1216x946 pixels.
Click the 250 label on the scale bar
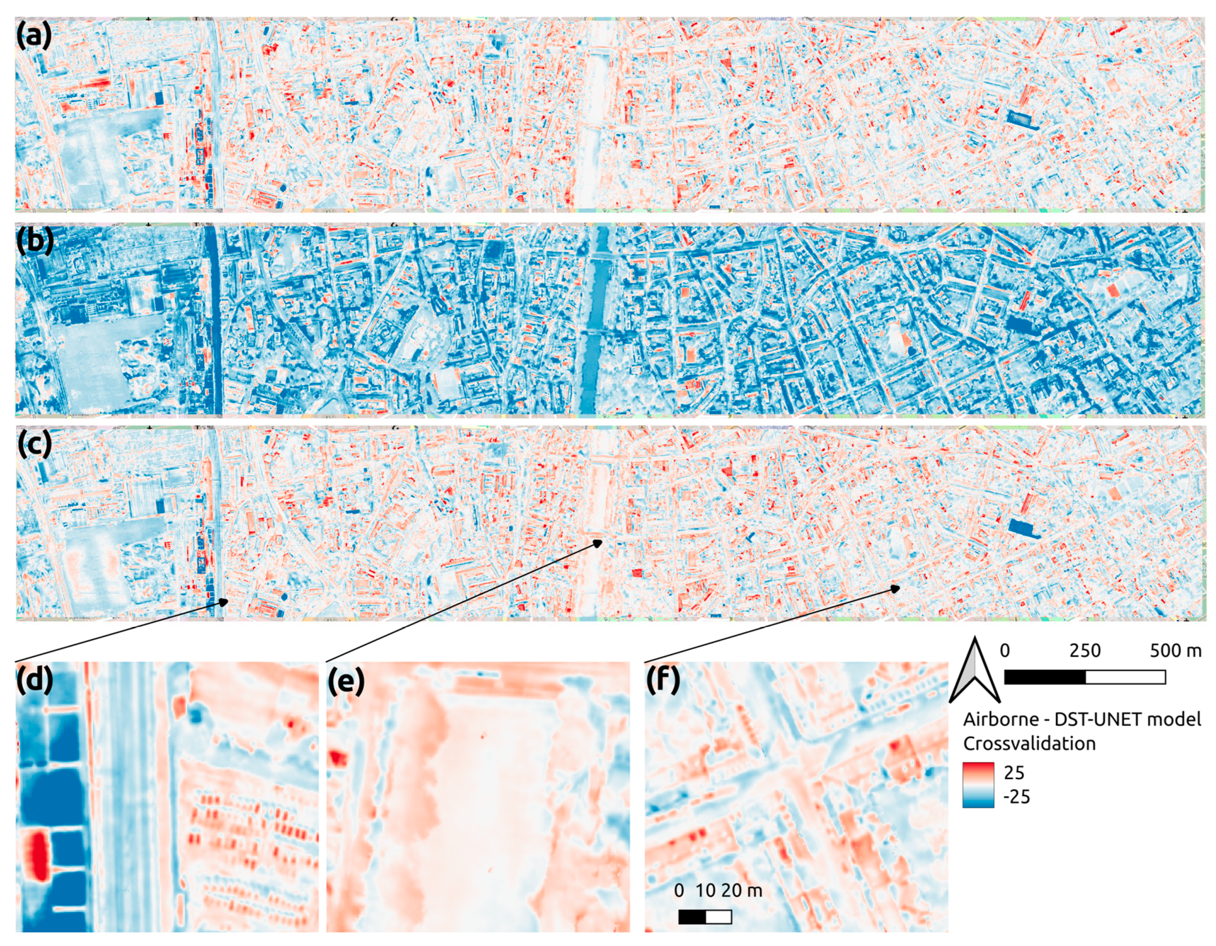pos(1085,651)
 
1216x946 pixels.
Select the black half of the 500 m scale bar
pos(1045,677)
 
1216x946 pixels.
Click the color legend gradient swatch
pos(978,784)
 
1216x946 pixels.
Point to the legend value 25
pos(1014,772)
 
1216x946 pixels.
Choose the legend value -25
pos(1017,797)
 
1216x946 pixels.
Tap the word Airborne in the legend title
pos(1000,720)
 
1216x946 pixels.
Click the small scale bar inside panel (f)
pos(705,916)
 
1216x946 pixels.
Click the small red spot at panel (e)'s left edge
pos(336,758)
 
